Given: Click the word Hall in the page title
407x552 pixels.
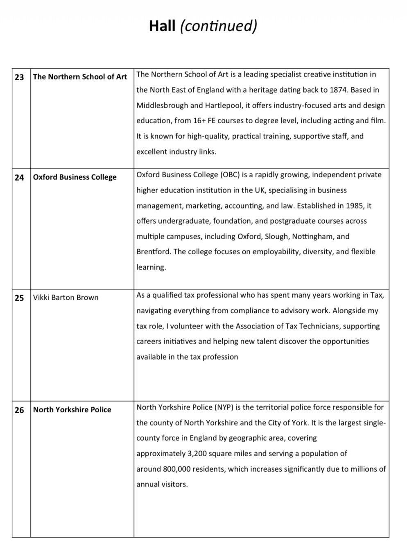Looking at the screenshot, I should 162,25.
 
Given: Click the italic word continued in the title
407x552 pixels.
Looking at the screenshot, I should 219,25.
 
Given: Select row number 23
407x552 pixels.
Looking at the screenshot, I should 19,77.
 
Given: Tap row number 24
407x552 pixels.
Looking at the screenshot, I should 19,177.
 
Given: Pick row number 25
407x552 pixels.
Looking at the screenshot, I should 19,298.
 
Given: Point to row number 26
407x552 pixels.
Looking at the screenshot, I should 19,410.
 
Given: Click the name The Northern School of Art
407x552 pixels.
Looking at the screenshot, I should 80,77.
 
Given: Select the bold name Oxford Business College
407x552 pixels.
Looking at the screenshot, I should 75,177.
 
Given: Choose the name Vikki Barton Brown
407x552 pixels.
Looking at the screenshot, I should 66,297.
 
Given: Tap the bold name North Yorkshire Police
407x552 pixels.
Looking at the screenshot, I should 72,409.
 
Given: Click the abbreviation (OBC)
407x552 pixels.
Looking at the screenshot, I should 230,174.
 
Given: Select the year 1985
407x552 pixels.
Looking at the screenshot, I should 354,206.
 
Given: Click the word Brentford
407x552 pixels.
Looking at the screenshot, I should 153,251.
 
